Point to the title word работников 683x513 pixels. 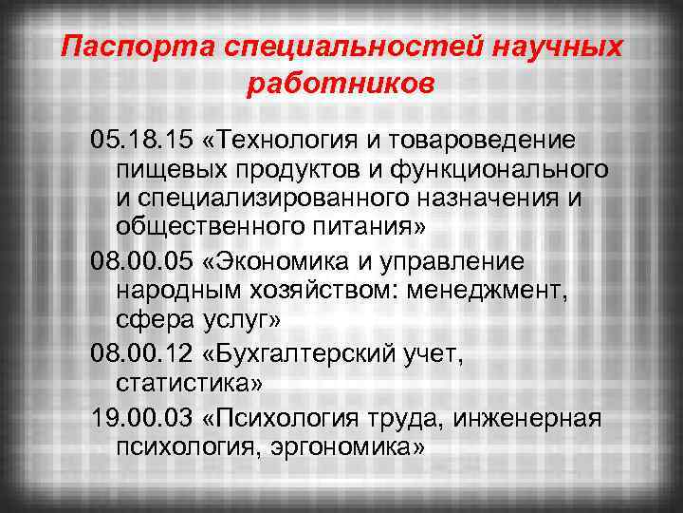pyautogui.click(x=341, y=84)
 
